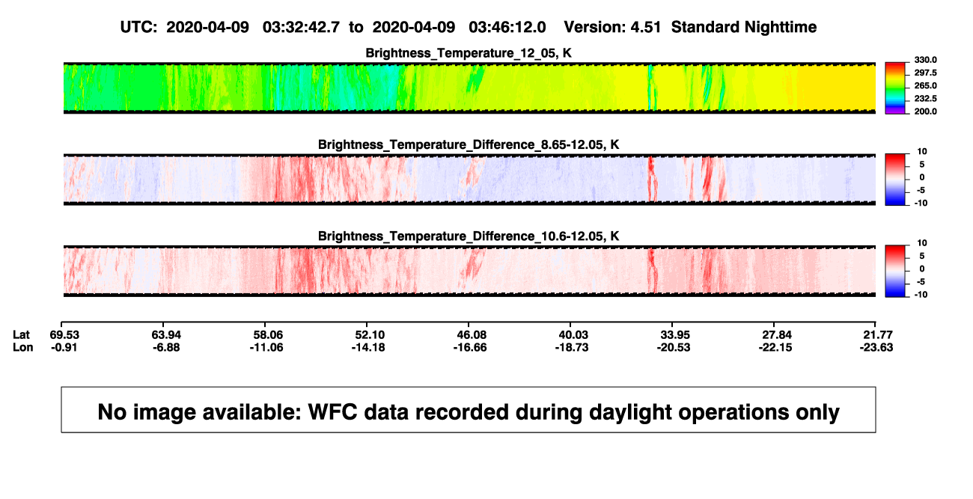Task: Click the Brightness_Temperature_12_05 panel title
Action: (469, 53)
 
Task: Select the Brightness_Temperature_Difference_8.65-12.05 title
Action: (469, 144)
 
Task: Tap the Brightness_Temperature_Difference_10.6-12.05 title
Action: (469, 236)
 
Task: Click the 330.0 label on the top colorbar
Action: (925, 60)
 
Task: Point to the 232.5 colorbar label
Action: (925, 99)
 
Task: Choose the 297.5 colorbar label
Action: (925, 73)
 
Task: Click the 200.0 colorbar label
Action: (925, 111)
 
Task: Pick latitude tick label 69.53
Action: (64, 335)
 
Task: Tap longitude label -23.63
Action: (876, 347)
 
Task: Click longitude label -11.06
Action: (266, 347)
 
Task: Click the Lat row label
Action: (21, 335)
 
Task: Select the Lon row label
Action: (22, 347)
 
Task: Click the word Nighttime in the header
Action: (780, 28)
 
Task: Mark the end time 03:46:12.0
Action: (507, 27)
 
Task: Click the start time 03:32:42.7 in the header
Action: (301, 27)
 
